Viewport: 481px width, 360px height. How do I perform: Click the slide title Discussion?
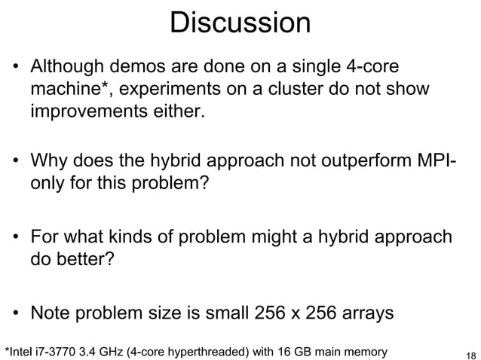240,23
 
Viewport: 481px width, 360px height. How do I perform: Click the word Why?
48,161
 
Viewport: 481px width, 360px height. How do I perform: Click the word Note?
51,310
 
